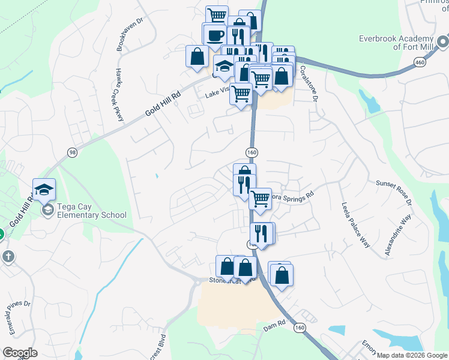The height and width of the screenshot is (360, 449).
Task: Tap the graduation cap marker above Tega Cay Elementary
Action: (x=44, y=190)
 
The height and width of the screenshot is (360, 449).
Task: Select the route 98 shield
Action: (x=73, y=153)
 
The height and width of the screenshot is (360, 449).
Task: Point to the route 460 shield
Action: (x=420, y=62)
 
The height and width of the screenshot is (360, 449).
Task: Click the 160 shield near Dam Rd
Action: (x=300, y=328)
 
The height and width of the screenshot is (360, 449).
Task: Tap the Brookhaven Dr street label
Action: (x=124, y=37)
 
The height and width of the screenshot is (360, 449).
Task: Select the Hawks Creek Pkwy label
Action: (x=118, y=94)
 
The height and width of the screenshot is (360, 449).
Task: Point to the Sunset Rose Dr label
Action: (x=393, y=193)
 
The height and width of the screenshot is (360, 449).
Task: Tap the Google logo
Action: (x=20, y=353)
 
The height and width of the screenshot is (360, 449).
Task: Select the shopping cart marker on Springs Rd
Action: (x=260, y=198)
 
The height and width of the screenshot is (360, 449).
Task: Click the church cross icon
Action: (x=8, y=257)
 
